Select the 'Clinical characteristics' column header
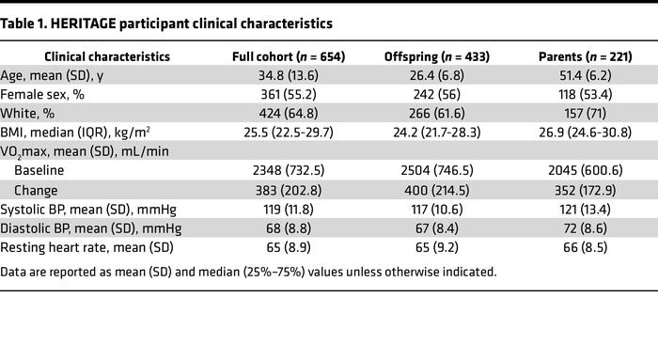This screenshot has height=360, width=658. (107, 56)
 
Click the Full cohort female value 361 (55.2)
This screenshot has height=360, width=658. (289, 95)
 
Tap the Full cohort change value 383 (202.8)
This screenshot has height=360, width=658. (289, 191)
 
